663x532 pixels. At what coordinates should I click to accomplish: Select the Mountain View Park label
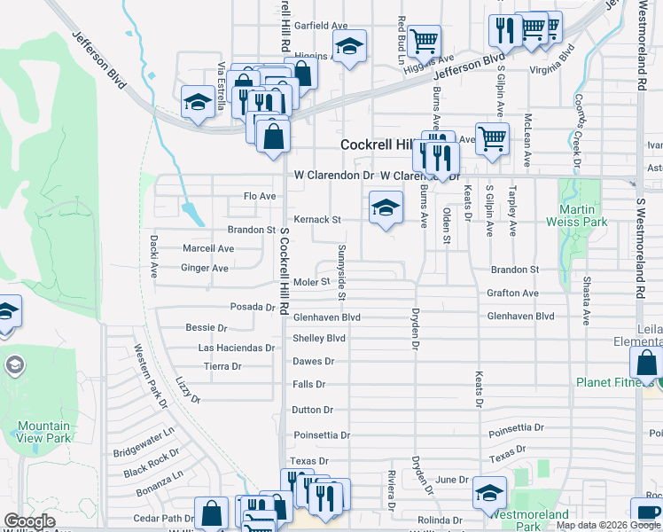point(43,432)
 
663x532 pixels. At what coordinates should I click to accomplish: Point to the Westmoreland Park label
point(529,520)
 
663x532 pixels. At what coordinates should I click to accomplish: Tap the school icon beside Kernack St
point(386,207)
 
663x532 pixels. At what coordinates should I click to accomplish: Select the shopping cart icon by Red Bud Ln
point(425,40)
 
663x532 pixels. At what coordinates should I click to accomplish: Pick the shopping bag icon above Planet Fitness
point(646,362)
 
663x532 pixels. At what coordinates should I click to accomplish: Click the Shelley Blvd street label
point(318,338)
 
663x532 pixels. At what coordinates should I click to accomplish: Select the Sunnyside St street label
point(341,262)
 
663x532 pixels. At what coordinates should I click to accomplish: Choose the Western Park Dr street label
point(149,377)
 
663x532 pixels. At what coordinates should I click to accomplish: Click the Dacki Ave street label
point(153,258)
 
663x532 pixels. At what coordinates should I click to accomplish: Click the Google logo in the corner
point(29,521)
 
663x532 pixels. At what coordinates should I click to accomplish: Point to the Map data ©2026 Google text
point(608,525)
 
